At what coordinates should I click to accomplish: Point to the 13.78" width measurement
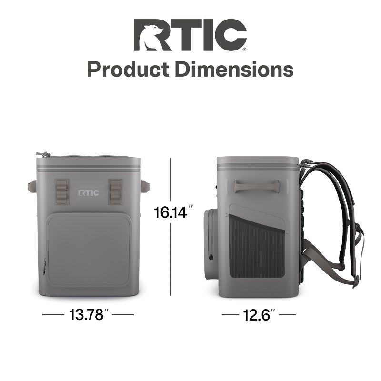[x=88, y=315]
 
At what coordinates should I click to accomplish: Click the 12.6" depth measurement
[x=259, y=315]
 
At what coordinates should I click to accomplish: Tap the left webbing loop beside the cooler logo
[x=62, y=192]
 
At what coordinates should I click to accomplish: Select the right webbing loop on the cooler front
[x=116, y=192]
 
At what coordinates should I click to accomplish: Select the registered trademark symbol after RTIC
[x=245, y=48]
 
